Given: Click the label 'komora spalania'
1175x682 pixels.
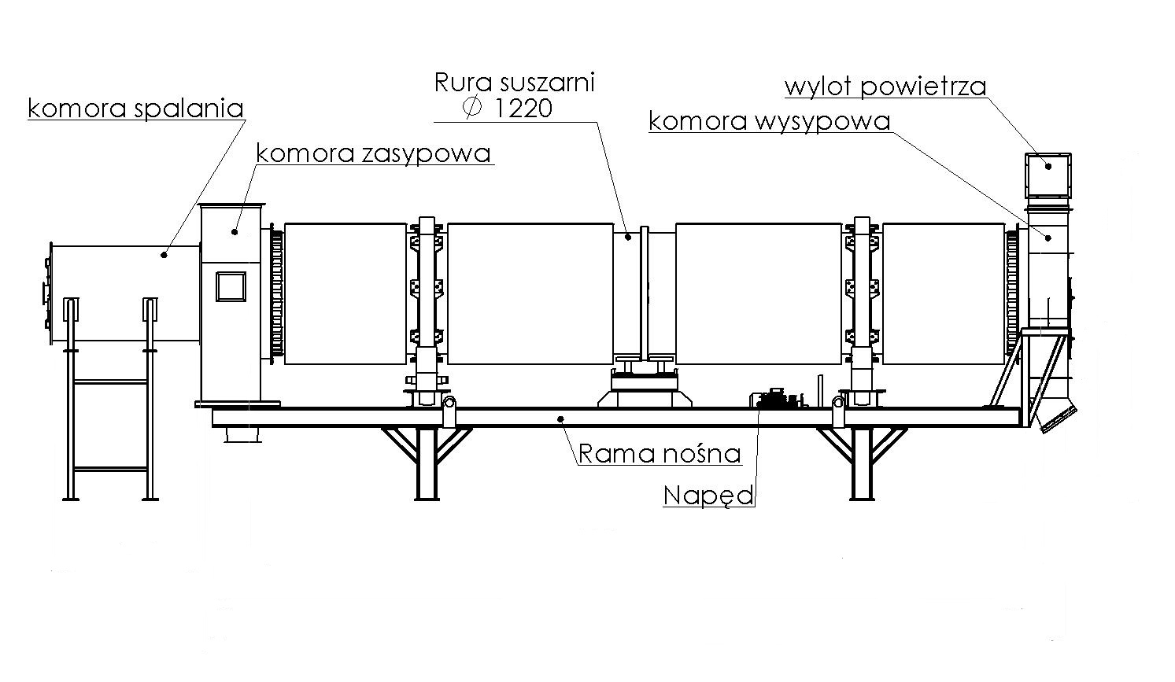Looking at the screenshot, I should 135,108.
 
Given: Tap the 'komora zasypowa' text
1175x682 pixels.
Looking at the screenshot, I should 374,153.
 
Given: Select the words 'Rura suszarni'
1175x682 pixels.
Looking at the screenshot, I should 515,82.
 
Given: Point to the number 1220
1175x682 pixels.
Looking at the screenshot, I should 523,109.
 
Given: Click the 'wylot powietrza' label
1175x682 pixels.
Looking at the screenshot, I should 885,86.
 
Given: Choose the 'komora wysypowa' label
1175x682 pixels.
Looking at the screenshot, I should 769,121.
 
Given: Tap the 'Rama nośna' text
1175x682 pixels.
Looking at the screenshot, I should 660,453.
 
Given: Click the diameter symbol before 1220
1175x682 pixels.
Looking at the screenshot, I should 472,108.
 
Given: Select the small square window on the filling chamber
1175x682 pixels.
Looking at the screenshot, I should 231,286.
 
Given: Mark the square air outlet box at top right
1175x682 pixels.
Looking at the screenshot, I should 1048,175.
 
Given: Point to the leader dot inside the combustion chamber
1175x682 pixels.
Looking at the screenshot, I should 164,253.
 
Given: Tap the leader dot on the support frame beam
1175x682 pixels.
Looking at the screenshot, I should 560,418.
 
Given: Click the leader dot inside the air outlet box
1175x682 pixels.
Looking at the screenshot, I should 1048,164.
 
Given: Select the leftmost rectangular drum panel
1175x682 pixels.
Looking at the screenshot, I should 345,293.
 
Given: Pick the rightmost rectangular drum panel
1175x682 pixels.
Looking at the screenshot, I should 944,293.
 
